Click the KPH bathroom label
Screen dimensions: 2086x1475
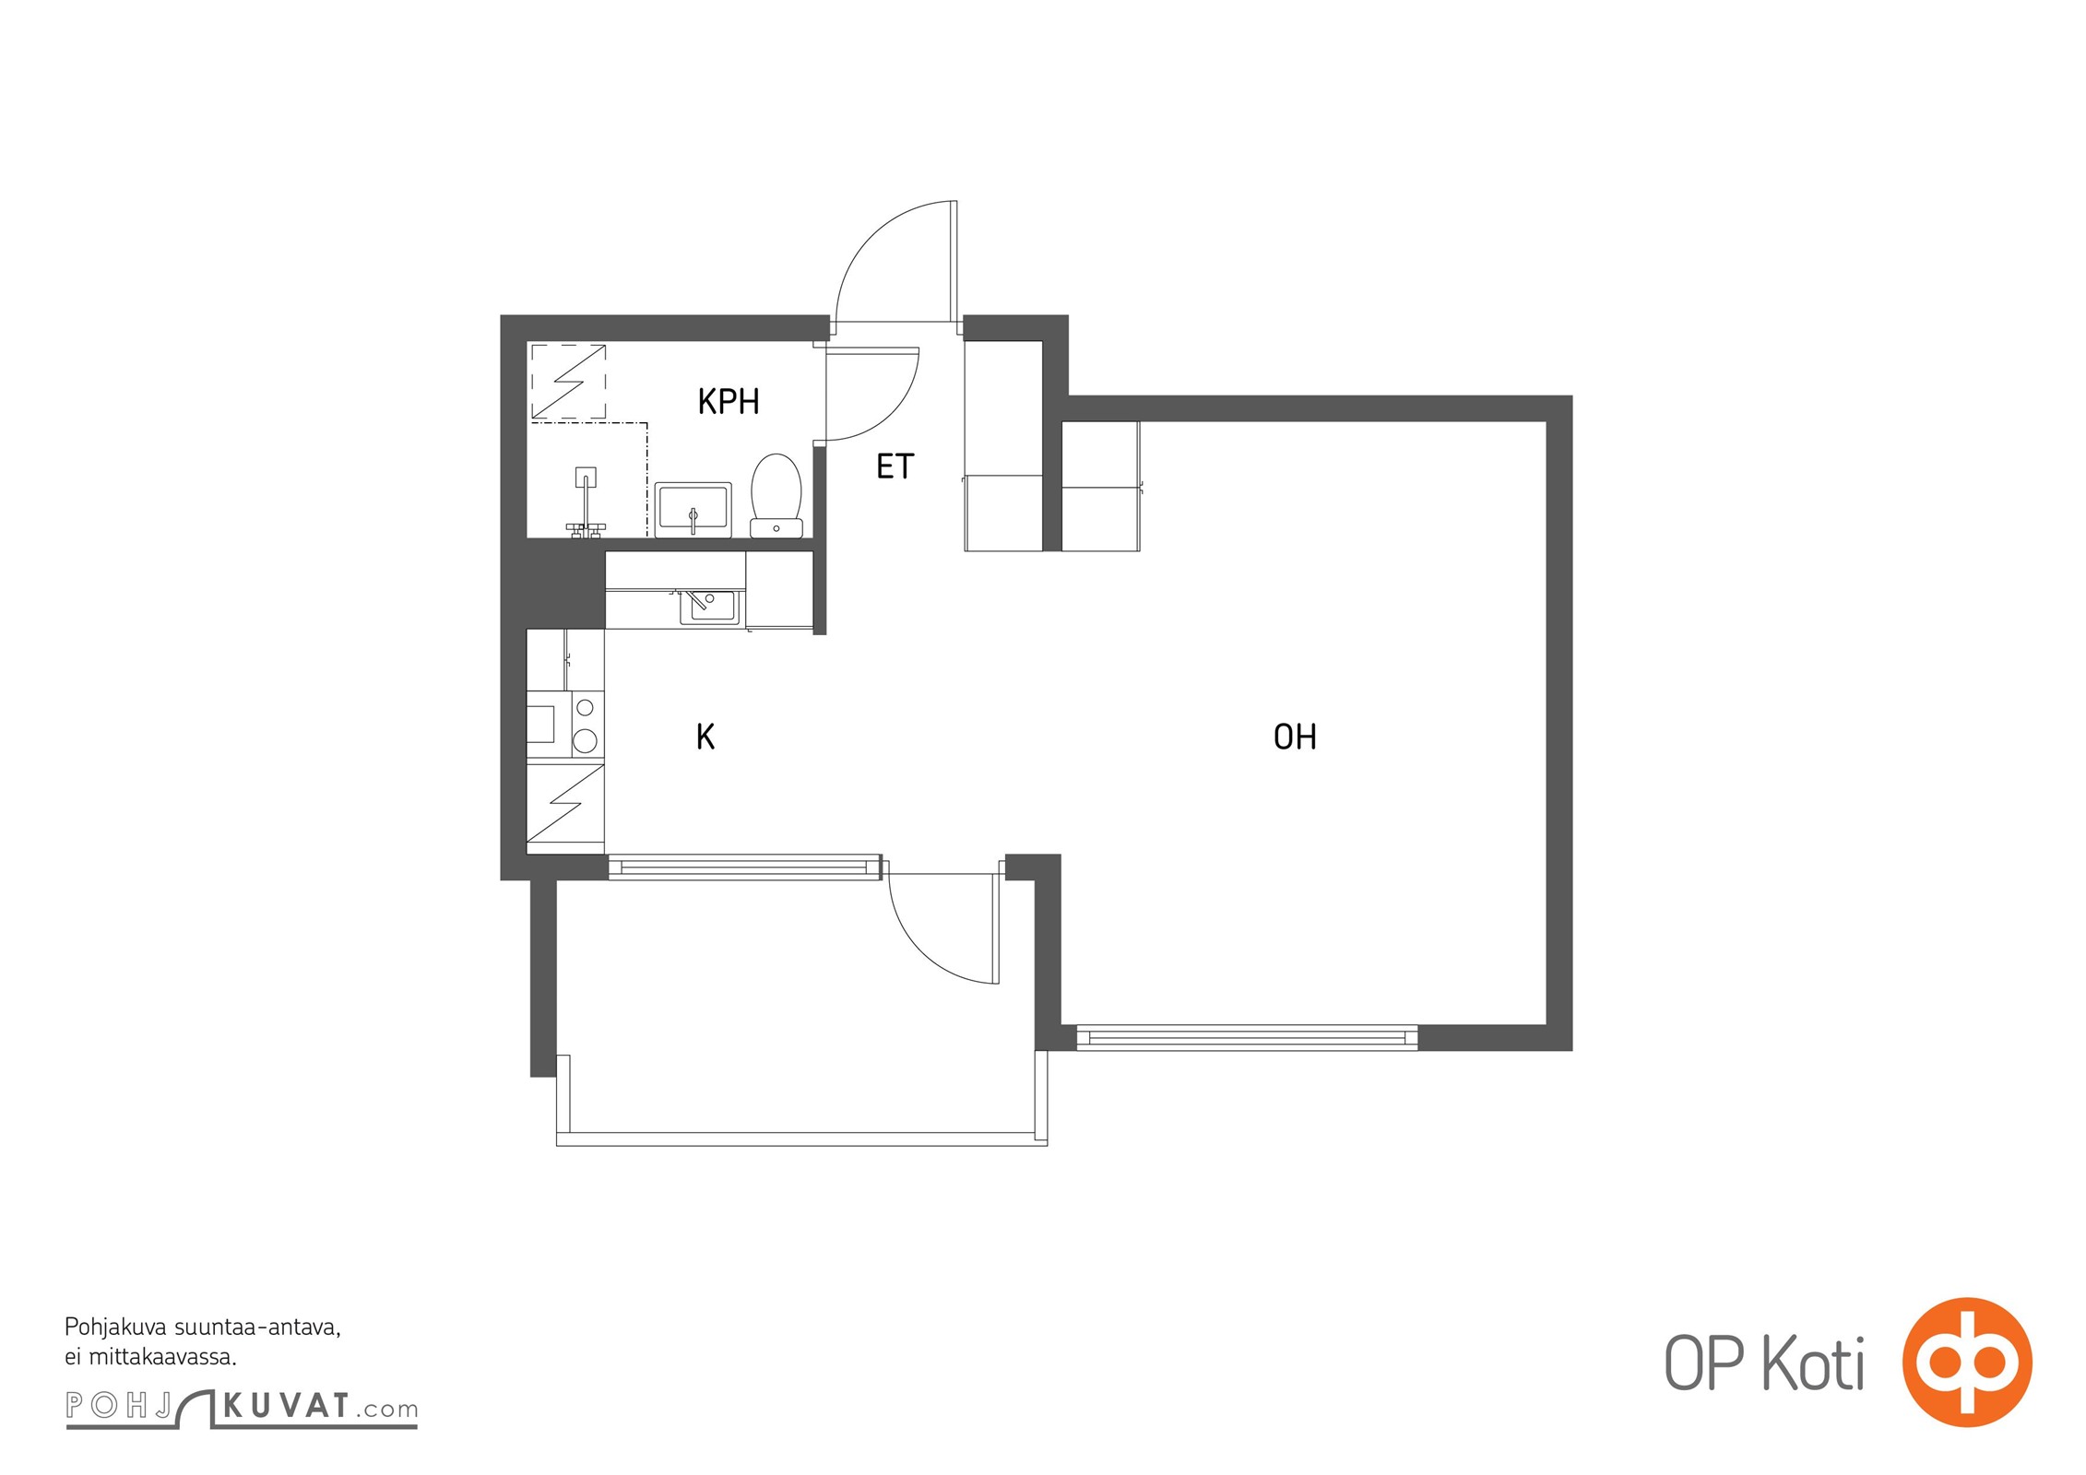click(729, 402)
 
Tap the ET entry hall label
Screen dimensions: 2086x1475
click(895, 466)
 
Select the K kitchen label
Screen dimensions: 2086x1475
click(705, 737)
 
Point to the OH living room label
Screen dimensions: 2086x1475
click(1295, 737)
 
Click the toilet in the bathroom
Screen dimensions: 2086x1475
click(776, 495)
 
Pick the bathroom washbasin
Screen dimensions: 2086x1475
click(693, 509)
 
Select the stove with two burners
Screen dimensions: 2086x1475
click(585, 725)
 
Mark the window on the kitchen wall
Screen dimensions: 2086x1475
click(744, 867)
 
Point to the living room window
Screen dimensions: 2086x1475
click(1247, 1038)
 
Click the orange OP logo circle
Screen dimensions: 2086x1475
click(1967, 1363)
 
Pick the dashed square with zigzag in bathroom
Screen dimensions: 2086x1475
click(569, 382)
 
